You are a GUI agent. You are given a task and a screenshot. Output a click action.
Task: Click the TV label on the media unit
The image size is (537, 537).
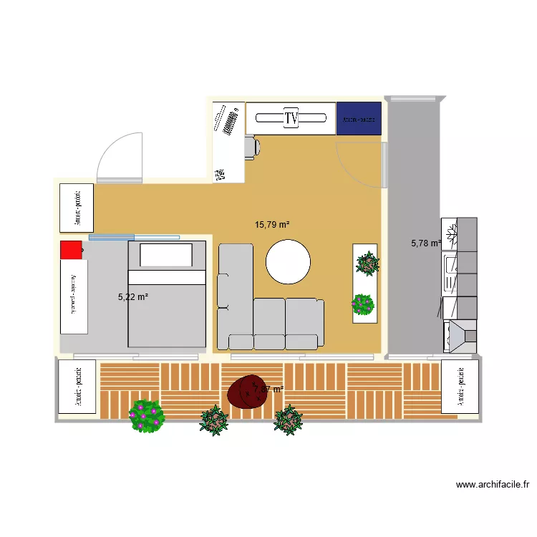291,118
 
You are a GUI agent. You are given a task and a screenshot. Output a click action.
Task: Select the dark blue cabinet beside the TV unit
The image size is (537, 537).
359,119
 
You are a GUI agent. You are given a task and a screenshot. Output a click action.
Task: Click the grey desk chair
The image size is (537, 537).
251,147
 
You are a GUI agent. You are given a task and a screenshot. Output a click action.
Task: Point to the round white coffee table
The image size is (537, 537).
289,261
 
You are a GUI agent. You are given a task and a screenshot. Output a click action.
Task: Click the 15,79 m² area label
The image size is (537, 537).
272,225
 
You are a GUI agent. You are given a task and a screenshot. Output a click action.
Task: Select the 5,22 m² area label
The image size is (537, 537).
132,296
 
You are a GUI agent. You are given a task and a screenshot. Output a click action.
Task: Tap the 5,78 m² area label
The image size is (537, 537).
425,243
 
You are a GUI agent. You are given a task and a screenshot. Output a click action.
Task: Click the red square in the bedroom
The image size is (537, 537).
71,250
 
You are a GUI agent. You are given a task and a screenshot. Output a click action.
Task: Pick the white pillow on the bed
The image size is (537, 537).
166,255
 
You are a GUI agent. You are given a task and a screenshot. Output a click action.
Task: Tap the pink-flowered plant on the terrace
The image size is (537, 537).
147,416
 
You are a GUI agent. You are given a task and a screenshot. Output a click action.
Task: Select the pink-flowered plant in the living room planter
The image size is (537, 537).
363,304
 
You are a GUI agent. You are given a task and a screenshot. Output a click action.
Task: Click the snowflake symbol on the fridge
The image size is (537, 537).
450,233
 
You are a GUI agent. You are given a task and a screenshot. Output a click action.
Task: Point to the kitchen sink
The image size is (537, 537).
450,266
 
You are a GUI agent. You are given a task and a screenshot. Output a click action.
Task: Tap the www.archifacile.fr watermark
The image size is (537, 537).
493,485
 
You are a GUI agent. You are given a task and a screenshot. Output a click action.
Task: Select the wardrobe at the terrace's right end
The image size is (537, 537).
459,387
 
